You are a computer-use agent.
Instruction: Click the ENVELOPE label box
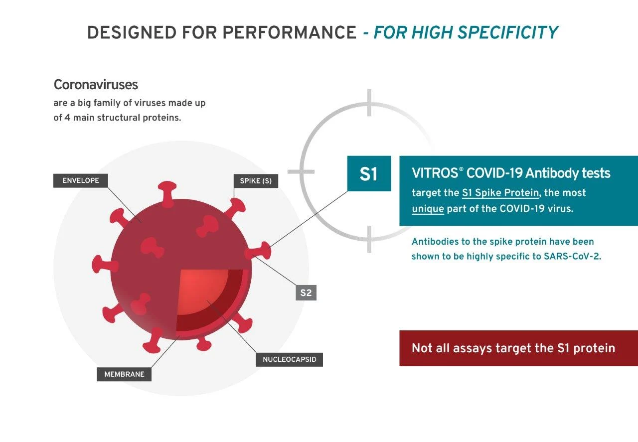(x=81, y=180)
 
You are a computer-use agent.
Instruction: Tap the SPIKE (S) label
(x=256, y=181)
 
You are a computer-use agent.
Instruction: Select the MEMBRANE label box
(x=124, y=374)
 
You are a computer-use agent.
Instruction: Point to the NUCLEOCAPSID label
(x=290, y=359)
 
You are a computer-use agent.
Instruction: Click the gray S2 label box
(x=306, y=293)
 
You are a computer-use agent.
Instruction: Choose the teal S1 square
(x=369, y=173)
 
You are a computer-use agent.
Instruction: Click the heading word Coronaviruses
(x=96, y=85)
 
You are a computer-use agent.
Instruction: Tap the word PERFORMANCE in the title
(x=290, y=32)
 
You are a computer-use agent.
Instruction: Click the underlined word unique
(x=428, y=209)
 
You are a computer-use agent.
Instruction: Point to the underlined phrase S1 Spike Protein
(x=500, y=193)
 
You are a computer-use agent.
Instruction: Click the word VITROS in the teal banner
(x=435, y=173)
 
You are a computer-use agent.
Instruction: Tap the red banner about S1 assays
(x=518, y=348)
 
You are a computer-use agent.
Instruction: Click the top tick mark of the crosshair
(x=369, y=103)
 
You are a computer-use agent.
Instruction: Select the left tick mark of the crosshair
(x=301, y=172)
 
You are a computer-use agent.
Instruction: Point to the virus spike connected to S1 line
(x=259, y=251)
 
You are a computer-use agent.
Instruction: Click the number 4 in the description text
(x=67, y=118)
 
